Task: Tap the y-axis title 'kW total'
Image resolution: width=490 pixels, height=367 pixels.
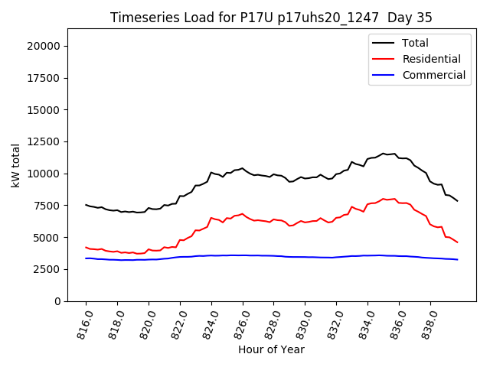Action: coord(16,165)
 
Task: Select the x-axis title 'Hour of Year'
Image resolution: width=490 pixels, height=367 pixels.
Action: coord(271,349)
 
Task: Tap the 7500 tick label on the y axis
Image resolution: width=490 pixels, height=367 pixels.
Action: coord(48,206)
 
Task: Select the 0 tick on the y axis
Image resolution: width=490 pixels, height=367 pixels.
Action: coord(57,301)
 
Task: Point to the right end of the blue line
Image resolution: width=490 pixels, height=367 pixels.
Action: coord(458,260)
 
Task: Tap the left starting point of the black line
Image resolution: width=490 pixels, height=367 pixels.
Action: coord(86,205)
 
